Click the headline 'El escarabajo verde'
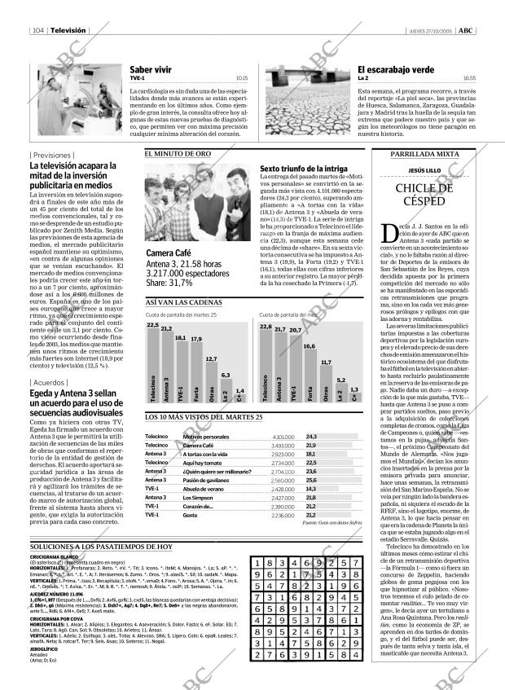[394, 70]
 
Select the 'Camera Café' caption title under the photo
[169, 253]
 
